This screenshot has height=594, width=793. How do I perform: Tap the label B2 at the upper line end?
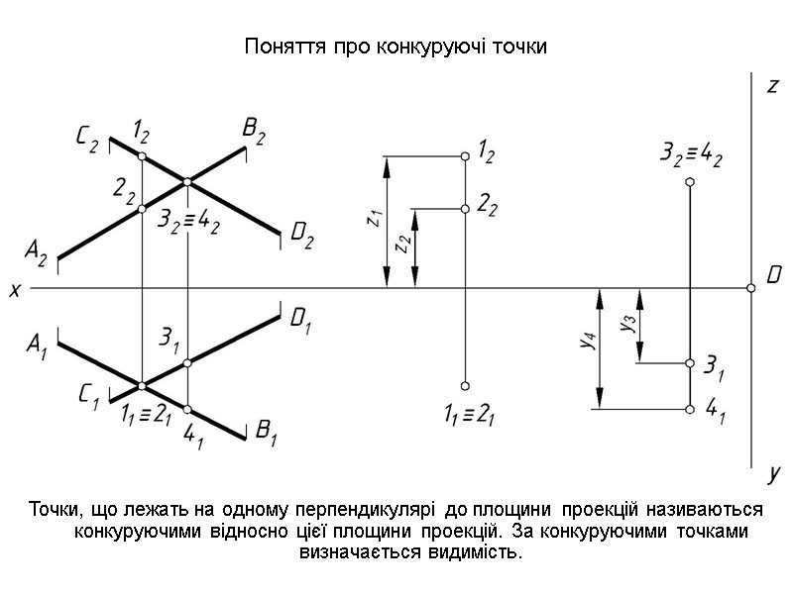pyautogui.click(x=253, y=132)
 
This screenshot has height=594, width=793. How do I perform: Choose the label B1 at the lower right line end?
pyautogui.click(x=267, y=431)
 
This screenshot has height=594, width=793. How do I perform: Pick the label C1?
pyautogui.click(x=88, y=395)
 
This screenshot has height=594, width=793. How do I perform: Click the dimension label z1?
pyautogui.click(x=373, y=219)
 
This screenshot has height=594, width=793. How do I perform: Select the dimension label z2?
pyautogui.click(x=401, y=245)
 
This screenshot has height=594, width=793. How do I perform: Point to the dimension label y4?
pyautogui.click(x=587, y=342)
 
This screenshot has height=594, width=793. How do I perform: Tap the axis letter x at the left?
pyautogui.click(x=14, y=290)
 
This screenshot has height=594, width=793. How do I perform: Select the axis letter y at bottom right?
pyautogui.click(x=773, y=475)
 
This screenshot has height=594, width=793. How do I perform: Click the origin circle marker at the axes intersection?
pyautogui.click(x=751, y=288)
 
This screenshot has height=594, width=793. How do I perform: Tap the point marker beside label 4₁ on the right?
pyautogui.click(x=690, y=408)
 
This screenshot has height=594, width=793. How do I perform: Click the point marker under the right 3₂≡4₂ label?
pyautogui.click(x=690, y=182)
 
